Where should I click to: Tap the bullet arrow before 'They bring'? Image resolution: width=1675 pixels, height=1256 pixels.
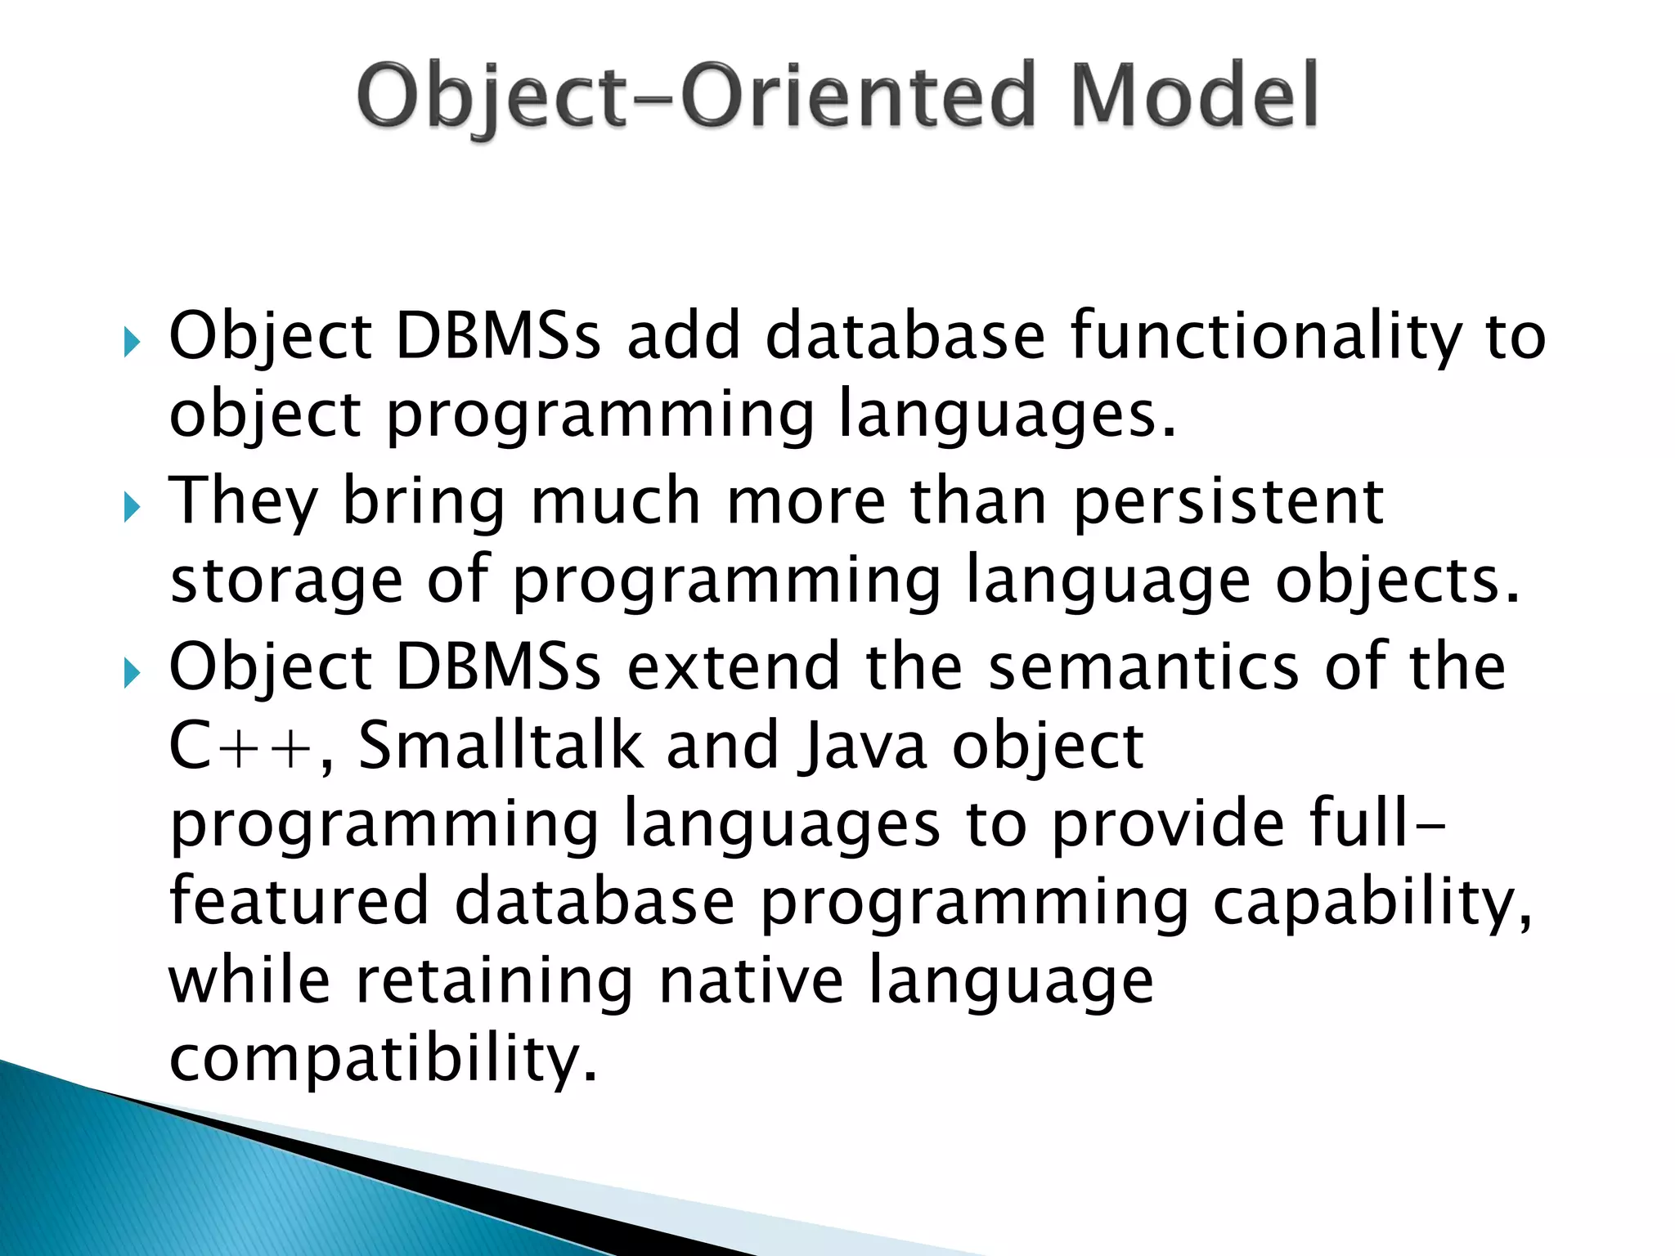tap(132, 509)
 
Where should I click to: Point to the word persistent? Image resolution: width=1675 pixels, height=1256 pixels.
tap(1228, 502)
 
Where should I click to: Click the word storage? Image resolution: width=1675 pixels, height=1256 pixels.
tap(286, 581)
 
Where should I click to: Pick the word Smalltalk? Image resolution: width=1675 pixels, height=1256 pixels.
tap(501, 746)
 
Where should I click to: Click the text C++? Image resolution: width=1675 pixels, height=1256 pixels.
tap(241, 747)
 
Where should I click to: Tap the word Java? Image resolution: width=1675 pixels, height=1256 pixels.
tap(865, 747)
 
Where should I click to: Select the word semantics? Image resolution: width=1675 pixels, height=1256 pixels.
tap(1143, 667)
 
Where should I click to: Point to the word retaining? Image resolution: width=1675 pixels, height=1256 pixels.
tap(494, 980)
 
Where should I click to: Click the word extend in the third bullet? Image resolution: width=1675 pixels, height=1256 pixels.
tap(733, 667)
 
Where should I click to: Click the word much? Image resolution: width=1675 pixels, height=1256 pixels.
tap(615, 502)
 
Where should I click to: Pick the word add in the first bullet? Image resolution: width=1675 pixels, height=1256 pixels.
tap(684, 337)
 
